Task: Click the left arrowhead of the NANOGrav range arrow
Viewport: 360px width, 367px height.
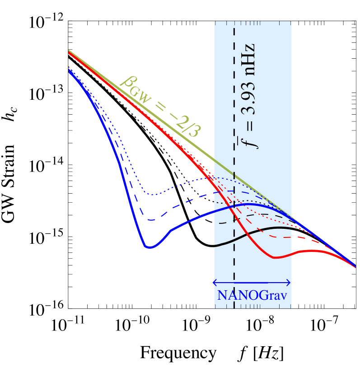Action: point(214,283)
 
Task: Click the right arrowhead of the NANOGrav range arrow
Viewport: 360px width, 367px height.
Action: point(290,283)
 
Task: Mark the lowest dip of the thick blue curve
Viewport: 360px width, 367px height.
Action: point(149,247)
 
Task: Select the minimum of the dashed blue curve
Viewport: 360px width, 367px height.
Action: point(151,220)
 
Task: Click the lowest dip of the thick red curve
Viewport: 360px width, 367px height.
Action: point(276,257)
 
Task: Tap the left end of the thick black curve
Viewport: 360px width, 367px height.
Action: point(215,246)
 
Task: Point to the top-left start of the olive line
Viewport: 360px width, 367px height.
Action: point(69,51)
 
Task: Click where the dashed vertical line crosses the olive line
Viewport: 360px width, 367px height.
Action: point(234,173)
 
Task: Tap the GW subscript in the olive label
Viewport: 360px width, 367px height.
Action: point(144,93)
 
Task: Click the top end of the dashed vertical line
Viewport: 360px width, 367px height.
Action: point(234,22)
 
